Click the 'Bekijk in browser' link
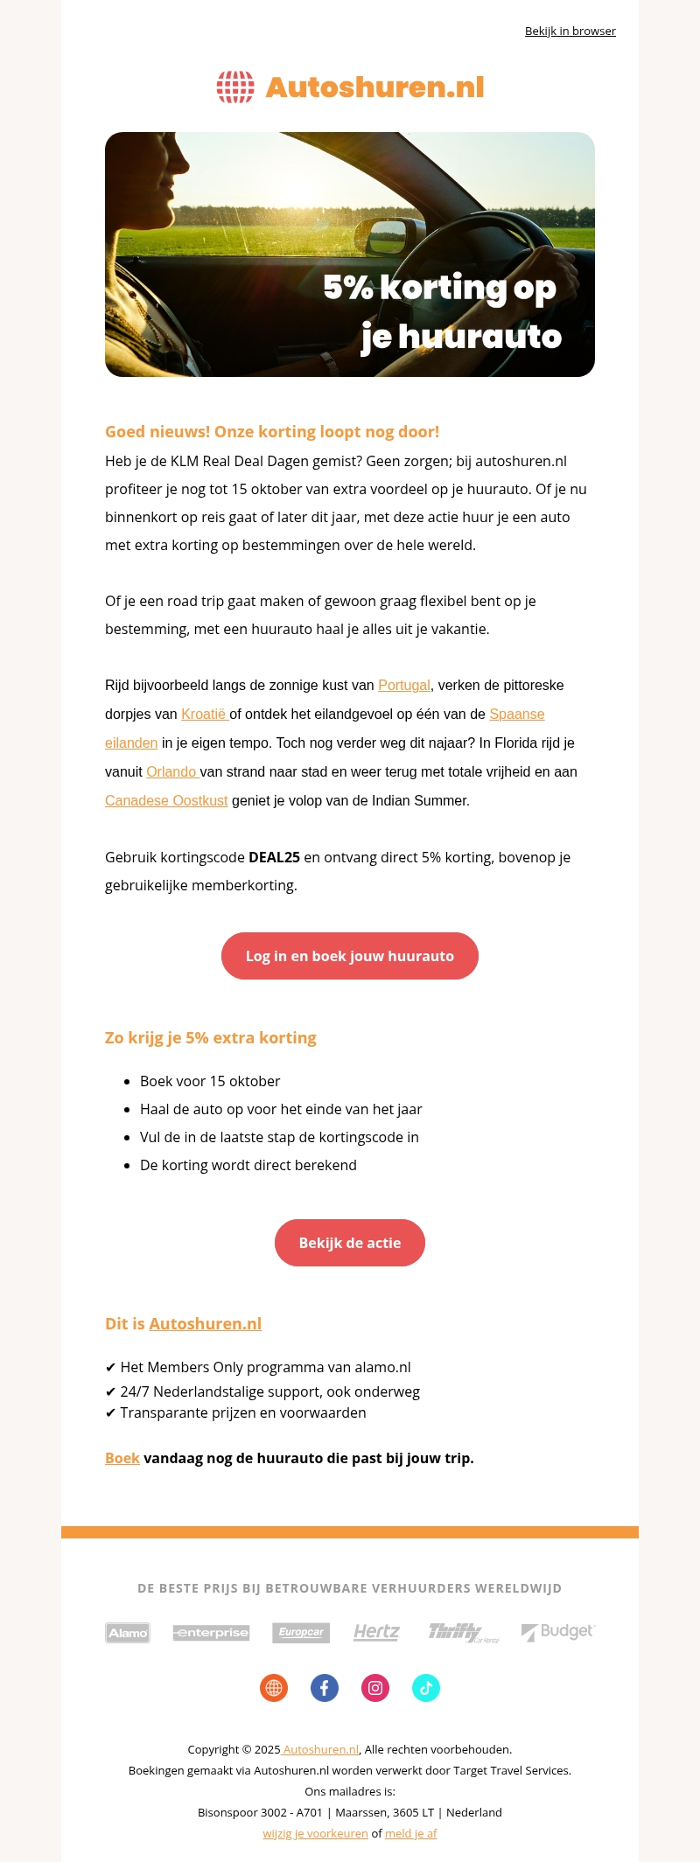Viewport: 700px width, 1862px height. point(570,31)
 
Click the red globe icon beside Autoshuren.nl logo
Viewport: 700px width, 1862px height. point(235,87)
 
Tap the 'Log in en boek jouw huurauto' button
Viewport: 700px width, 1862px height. point(350,956)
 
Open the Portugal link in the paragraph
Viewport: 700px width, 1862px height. point(403,686)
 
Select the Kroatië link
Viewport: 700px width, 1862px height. point(204,715)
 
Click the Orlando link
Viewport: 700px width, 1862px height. point(171,772)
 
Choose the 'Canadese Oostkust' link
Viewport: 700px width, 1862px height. point(166,801)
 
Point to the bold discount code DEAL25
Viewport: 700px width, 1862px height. point(274,858)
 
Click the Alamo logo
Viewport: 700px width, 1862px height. point(128,1633)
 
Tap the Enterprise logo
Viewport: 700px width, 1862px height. point(211,1633)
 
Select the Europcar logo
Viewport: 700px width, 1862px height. point(301,1633)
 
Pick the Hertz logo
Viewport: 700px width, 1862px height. point(376,1632)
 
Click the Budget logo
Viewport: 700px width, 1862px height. point(558,1632)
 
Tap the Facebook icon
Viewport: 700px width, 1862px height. point(325,1688)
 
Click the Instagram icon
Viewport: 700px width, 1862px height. point(375,1688)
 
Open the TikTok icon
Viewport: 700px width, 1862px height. point(426,1688)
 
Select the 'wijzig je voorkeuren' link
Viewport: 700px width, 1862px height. point(315,1834)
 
